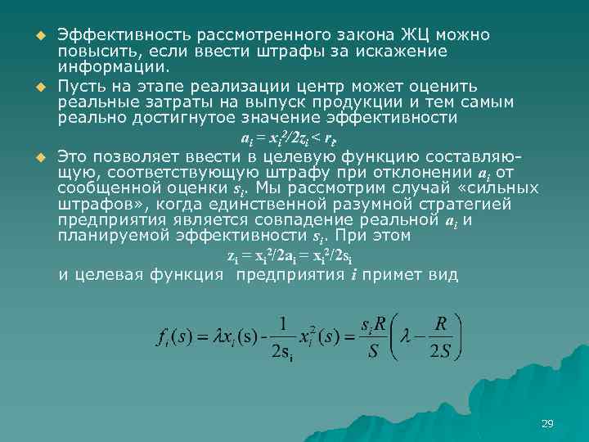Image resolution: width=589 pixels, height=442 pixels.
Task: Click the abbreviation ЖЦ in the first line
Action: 416,36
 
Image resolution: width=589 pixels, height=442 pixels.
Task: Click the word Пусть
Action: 84,86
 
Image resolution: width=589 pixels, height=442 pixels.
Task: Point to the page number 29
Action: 547,423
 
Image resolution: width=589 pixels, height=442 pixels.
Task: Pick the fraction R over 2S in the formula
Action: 442,336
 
